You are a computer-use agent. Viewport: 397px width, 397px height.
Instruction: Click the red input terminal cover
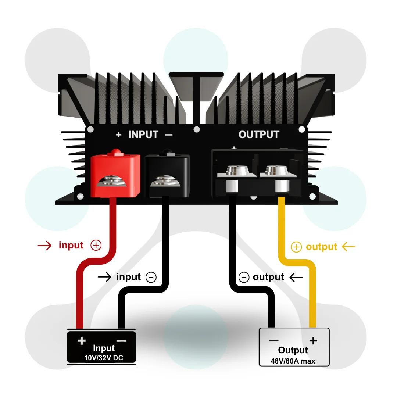tap(115, 174)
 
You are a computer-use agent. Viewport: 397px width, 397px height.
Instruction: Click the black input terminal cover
tap(167, 175)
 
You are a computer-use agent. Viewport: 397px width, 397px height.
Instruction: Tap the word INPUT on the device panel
tap(144, 135)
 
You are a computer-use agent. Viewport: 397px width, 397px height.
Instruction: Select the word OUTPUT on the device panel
tap(259, 135)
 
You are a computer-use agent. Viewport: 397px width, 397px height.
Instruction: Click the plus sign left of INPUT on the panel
tap(118, 135)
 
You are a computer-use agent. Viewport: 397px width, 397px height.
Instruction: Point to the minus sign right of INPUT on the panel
tap(169, 135)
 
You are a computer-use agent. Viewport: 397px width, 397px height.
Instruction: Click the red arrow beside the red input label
tap(44, 246)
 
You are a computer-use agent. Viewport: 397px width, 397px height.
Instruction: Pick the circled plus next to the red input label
tap(96, 245)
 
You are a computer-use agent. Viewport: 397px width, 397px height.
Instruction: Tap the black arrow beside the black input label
tap(104, 277)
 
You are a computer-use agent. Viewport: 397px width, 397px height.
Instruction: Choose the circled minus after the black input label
tap(151, 277)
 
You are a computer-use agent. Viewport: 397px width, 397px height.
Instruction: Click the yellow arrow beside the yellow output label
tap(348, 246)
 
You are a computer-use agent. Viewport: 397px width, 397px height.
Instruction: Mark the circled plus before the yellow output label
tap(296, 247)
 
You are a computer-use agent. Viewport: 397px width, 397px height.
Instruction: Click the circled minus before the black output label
tap(244, 277)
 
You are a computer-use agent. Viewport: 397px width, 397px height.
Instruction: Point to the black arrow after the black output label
tap(296, 278)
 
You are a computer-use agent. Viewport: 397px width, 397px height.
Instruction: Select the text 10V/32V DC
tap(104, 358)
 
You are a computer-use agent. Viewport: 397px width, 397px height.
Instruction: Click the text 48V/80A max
tap(293, 361)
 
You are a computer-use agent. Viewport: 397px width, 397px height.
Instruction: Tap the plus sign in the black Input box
tap(82, 341)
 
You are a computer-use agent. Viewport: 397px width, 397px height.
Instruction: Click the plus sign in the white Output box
tap(313, 340)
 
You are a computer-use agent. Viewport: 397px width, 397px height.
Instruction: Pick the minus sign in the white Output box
tap(274, 341)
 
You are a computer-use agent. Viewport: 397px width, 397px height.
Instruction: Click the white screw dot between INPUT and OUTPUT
tap(196, 130)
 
